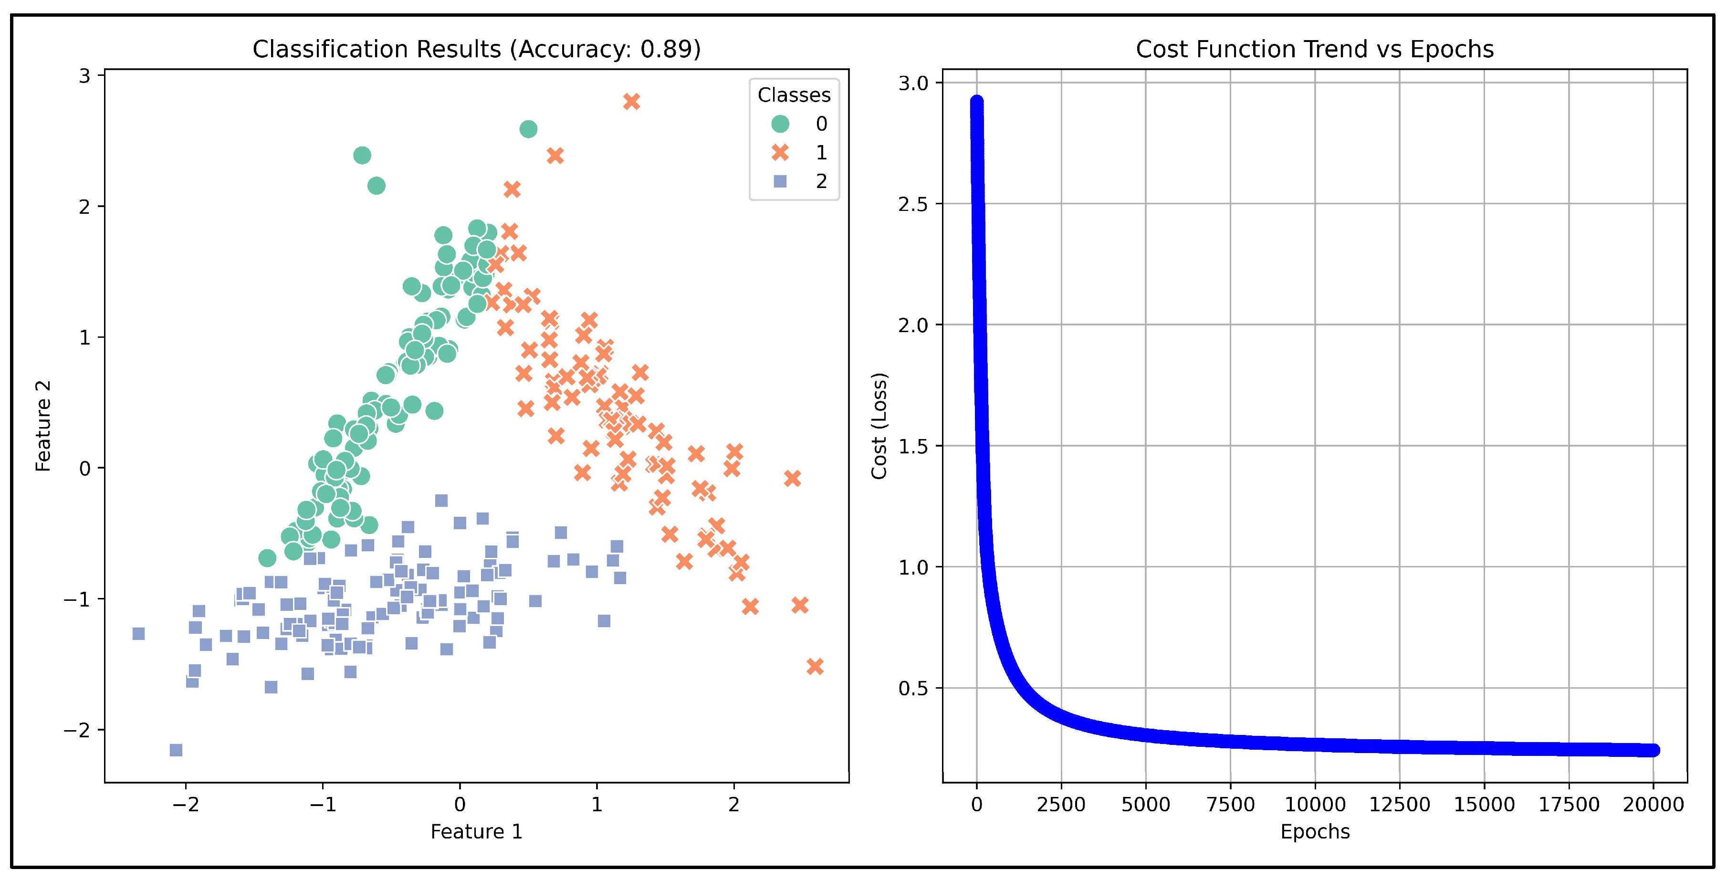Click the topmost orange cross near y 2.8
[631, 101]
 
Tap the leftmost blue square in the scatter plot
[138, 633]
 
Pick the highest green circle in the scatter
[528, 129]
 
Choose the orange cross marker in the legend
[780, 153]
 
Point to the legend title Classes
[794, 95]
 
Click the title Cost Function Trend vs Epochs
[1314, 49]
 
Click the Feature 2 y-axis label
[43, 426]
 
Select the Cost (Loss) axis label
[879, 426]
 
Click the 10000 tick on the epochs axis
[1314, 804]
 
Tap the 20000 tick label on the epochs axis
[1653, 804]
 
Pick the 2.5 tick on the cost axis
[912, 204]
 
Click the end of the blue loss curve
[1653, 750]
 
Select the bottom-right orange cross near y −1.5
[815, 666]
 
